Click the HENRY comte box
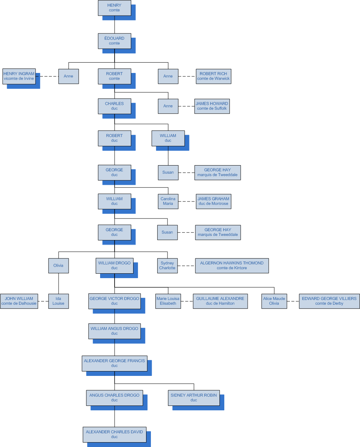115,8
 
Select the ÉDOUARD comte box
115,41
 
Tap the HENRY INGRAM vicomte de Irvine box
19,76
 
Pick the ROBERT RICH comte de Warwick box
214,76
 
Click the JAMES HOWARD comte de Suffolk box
212,106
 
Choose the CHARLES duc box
115,106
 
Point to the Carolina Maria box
168,201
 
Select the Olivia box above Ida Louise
59,266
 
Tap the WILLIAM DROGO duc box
115,266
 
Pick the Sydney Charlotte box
168,266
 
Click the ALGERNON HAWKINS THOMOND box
232,266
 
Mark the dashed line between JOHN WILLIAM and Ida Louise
43,301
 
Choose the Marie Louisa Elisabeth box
168,301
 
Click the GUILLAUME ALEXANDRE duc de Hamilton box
220,301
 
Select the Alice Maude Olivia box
274,301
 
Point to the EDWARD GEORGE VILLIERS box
329,301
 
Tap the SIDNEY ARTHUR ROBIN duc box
194,398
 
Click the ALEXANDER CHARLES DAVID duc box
114,434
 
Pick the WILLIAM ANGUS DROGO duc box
115,331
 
